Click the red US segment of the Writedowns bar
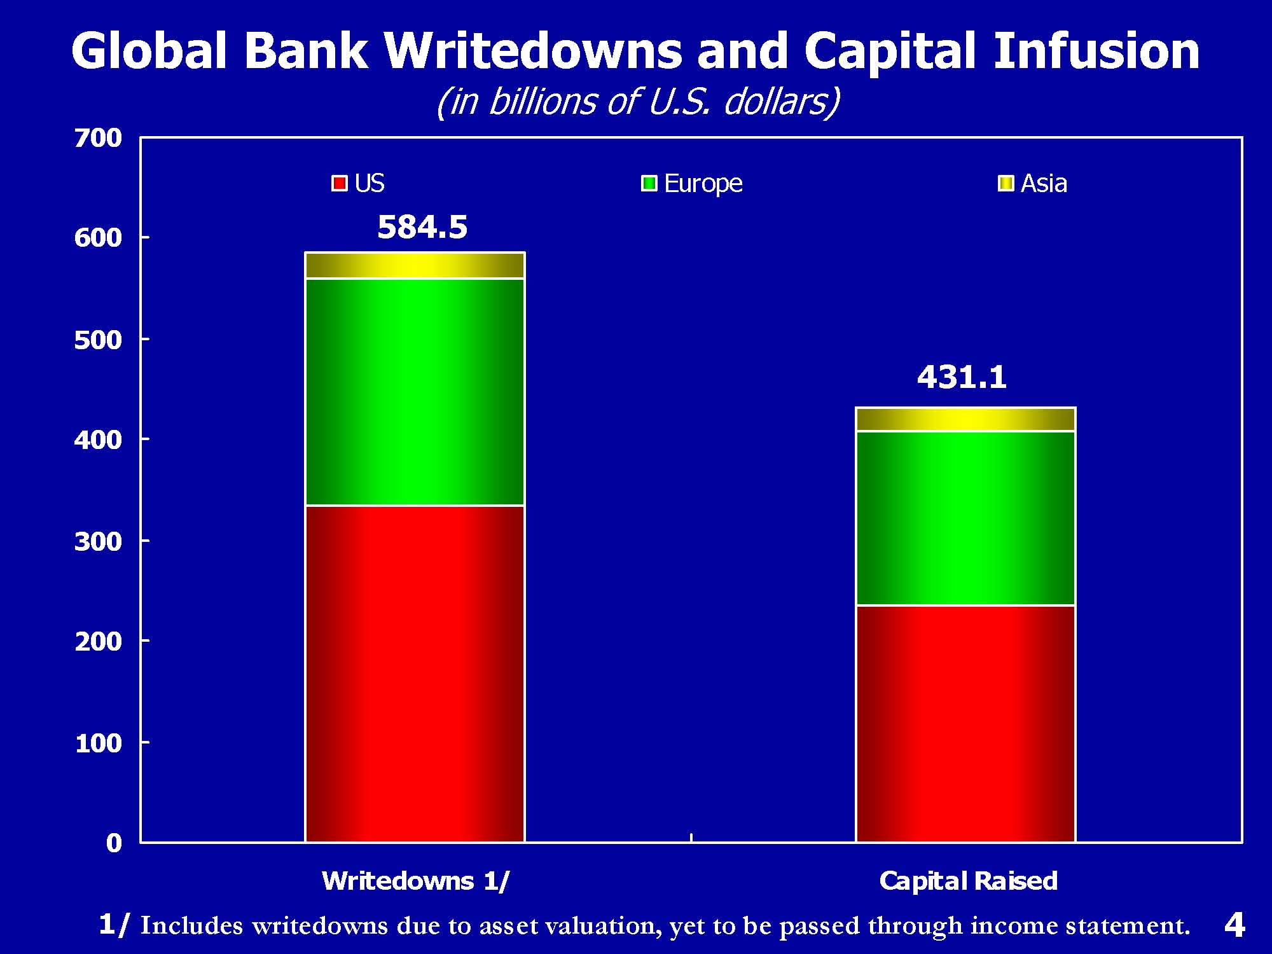pos(415,674)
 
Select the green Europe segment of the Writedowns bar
pos(415,392)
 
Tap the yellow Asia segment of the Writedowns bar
pos(415,265)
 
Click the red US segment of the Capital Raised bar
pos(965,724)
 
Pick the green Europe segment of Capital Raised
pos(965,518)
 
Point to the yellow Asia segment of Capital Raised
pos(965,419)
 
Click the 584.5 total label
pos(422,228)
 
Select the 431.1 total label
pos(962,378)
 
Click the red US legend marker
pos(340,184)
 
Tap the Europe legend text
pos(703,184)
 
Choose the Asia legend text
pos(1044,184)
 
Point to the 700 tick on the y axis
pos(98,138)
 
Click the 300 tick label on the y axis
pos(98,541)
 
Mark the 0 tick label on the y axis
pos(114,843)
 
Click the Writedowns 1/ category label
pos(416,881)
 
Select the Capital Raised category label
pos(968,881)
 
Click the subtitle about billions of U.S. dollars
pos(638,102)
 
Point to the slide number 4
pos(1234,925)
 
